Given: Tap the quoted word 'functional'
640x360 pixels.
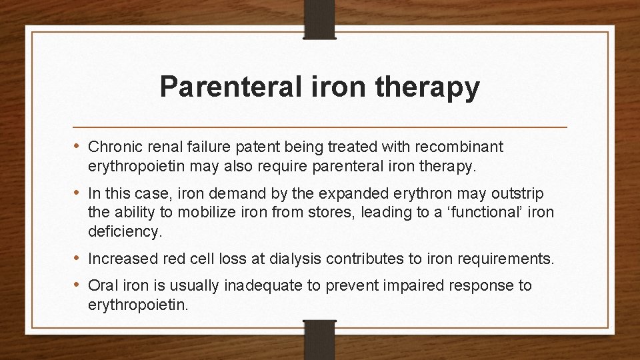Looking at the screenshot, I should pos(473,213).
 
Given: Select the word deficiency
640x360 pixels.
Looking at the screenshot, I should pos(124,231).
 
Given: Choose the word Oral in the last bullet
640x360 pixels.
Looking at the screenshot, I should pos(103,286).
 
